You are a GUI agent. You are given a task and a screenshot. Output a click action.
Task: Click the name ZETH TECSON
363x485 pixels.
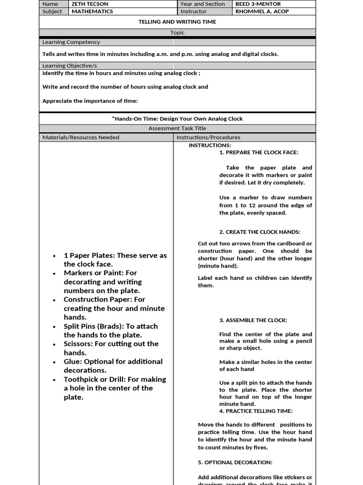click(90, 4)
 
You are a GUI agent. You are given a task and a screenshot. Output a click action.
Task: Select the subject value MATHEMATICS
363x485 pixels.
click(92, 11)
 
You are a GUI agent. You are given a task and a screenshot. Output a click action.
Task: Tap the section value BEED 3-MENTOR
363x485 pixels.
click(258, 4)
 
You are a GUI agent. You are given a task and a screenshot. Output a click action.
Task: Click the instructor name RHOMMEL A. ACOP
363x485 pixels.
click(261, 11)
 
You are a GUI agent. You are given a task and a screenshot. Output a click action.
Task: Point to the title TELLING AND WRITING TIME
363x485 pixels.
click(177, 22)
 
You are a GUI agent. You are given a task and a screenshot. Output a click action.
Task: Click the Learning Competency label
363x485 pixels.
click(71, 42)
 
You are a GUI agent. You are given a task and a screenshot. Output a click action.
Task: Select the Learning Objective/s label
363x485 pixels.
click(69, 66)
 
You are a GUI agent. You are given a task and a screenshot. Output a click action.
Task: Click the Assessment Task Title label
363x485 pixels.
click(177, 128)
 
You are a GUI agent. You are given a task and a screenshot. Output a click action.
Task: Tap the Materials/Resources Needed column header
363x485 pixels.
click(81, 137)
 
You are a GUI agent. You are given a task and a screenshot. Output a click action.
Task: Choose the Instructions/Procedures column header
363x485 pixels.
click(208, 137)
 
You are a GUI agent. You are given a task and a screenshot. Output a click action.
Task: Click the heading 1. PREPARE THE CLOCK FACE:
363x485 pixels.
click(259, 153)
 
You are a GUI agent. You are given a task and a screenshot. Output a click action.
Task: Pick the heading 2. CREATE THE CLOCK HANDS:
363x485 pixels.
click(259, 232)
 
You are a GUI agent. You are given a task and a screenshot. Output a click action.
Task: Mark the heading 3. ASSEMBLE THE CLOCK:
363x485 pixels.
click(253, 320)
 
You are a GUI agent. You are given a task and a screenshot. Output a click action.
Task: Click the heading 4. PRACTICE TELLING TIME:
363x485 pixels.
click(256, 411)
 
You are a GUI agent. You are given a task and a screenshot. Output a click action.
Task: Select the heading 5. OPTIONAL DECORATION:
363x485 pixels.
click(235, 462)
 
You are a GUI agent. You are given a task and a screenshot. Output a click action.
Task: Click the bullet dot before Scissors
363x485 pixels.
click(55, 344)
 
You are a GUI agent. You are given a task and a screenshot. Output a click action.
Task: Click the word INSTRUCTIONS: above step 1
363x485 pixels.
click(210, 145)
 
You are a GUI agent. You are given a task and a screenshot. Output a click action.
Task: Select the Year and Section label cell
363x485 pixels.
click(203, 4)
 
